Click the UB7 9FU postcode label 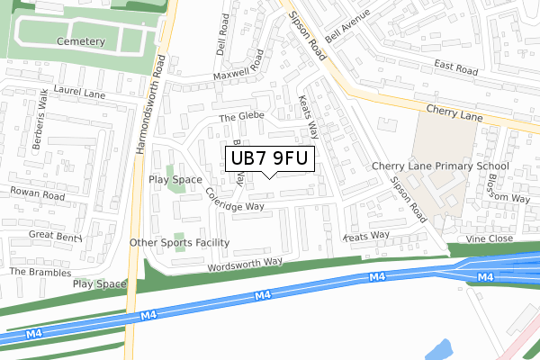270,159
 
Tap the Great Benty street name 56,235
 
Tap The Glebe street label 238,118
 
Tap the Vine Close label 489,238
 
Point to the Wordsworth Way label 244,264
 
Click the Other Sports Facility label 179,243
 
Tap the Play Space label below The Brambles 100,283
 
